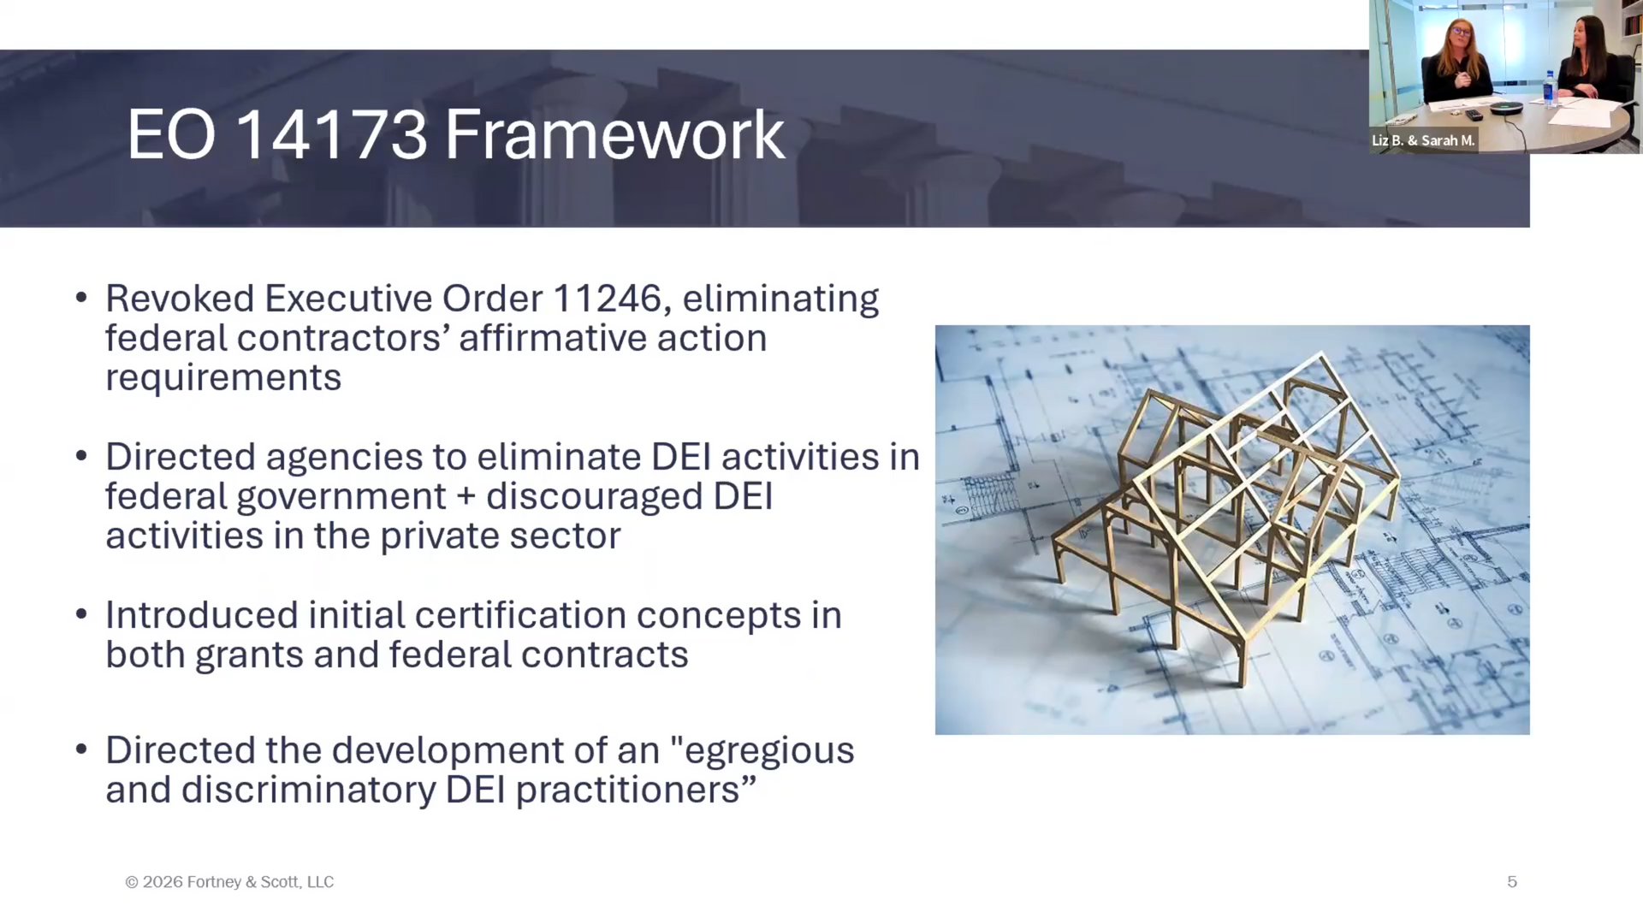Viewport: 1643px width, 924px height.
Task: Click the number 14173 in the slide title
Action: pyautogui.click(x=330, y=134)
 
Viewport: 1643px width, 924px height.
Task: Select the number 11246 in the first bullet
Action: pyautogui.click(x=608, y=299)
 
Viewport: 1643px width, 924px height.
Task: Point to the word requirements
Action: pyautogui.click(x=223, y=378)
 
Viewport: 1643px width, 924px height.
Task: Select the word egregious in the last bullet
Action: pyautogui.click(x=769, y=751)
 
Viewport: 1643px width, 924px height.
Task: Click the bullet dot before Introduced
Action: pyautogui.click(x=81, y=613)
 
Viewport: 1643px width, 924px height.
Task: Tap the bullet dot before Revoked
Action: pyautogui.click(x=81, y=297)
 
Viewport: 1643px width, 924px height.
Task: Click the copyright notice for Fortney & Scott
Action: pyautogui.click(x=229, y=882)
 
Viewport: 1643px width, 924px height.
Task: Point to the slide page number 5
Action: pyautogui.click(x=1512, y=882)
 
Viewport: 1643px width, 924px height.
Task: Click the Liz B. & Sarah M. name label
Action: pyautogui.click(x=1423, y=140)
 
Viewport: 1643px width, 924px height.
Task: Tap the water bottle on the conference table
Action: pyautogui.click(x=1550, y=89)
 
